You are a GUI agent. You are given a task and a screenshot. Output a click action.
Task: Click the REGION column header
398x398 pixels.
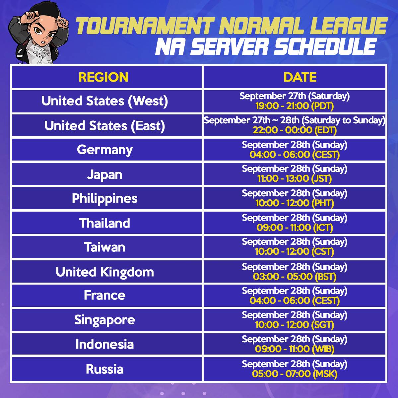tap(103, 77)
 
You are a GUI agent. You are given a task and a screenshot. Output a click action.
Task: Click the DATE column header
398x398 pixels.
tap(300, 77)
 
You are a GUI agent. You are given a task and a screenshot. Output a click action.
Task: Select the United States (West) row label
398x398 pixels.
tap(105, 101)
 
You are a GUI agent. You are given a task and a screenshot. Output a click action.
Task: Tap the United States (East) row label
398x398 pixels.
tap(105, 126)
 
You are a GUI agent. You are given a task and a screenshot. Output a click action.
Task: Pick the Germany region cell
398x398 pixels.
tap(105, 150)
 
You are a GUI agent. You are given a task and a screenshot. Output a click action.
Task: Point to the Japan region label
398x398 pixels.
tap(105, 174)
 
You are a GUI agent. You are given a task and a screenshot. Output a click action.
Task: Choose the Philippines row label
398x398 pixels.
tap(105, 198)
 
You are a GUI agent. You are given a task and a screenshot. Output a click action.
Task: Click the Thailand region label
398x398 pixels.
tap(105, 223)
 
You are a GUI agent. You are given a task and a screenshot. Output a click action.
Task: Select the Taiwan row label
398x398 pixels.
tap(105, 247)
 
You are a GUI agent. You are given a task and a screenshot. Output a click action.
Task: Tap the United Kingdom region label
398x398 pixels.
tap(105, 272)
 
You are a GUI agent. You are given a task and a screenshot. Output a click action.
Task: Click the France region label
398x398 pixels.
tap(105, 295)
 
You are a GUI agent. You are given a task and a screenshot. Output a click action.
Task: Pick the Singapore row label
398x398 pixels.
tap(105, 320)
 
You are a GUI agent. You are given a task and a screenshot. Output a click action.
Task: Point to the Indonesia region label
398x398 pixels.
tap(105, 344)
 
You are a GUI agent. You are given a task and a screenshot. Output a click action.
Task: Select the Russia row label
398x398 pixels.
tap(105, 369)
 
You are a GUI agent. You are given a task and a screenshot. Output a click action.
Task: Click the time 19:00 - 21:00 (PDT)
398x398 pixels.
tap(295, 106)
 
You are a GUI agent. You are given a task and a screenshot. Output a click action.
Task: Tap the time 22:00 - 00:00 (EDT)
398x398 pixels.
tap(295, 130)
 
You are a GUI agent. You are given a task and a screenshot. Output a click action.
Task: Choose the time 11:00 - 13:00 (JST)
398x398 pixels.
tap(295, 179)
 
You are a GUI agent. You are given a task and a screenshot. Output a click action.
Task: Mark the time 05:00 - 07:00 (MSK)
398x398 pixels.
tap(295, 374)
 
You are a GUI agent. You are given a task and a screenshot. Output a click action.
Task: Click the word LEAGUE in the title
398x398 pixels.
tap(351, 26)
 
